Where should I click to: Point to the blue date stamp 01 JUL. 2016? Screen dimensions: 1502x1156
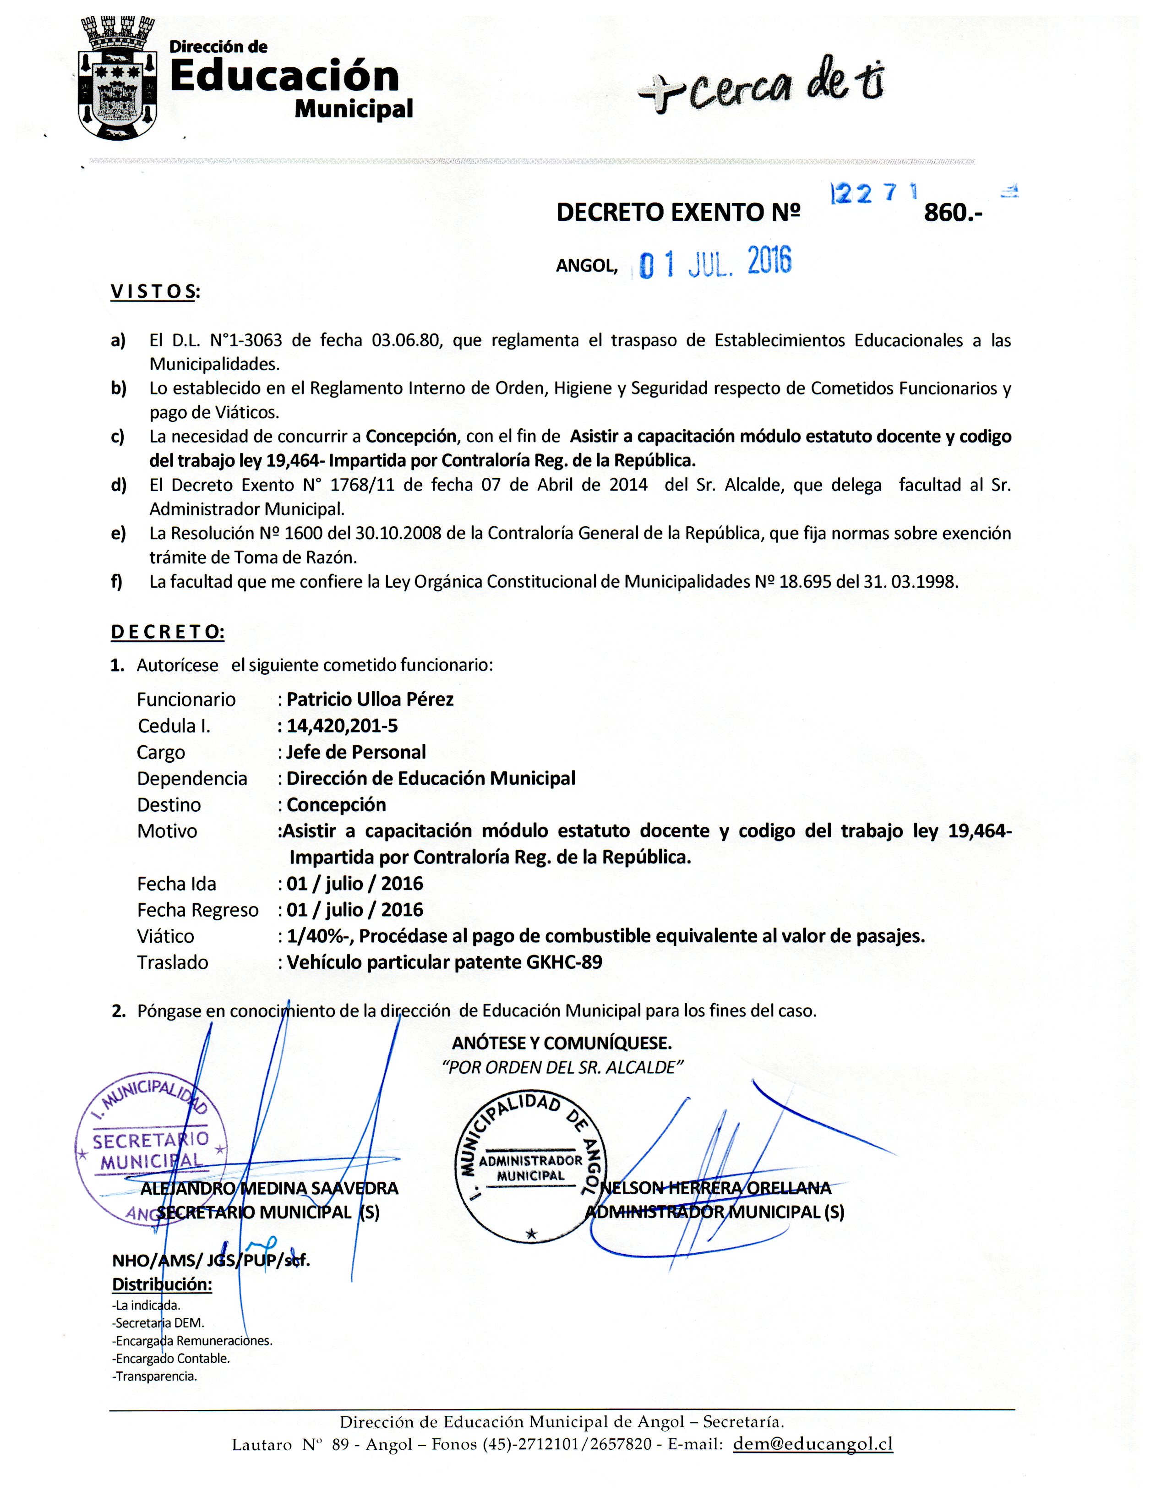point(715,262)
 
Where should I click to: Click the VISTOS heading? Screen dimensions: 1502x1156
point(155,292)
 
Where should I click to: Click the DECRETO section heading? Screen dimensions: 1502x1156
point(167,632)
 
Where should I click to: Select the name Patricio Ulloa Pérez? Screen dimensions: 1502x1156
point(370,699)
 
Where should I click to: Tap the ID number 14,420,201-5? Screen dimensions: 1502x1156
point(342,726)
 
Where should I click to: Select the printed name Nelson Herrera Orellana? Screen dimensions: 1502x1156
point(715,1188)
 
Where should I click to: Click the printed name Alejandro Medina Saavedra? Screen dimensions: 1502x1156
point(269,1188)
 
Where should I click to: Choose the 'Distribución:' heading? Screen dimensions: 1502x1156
point(162,1284)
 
